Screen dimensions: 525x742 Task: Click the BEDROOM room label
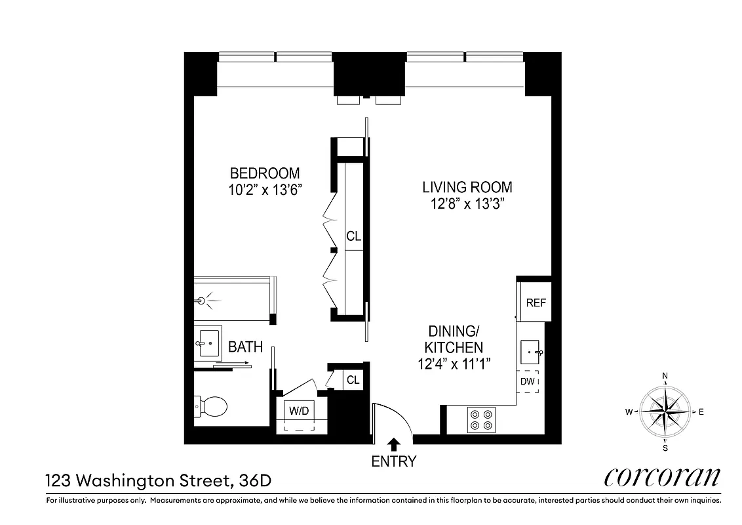(x=265, y=173)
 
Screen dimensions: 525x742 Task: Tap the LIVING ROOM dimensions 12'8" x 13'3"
(x=467, y=203)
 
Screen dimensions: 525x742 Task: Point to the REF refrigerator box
(x=536, y=303)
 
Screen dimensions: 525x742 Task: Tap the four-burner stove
(x=481, y=420)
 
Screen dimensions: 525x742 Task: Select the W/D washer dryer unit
(x=300, y=412)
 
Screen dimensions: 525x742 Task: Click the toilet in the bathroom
(x=211, y=407)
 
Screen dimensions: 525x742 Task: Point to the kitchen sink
(x=531, y=352)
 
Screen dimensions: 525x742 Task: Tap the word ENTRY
(x=393, y=461)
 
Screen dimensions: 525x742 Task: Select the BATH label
(x=245, y=347)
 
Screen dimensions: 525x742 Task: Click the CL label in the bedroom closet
(x=354, y=237)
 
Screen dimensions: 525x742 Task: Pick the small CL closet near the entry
(x=353, y=380)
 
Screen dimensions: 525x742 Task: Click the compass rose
(x=665, y=411)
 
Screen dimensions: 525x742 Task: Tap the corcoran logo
(x=661, y=478)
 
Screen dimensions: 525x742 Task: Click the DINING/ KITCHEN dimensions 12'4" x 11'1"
(x=456, y=363)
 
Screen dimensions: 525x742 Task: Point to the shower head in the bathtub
(x=202, y=301)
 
